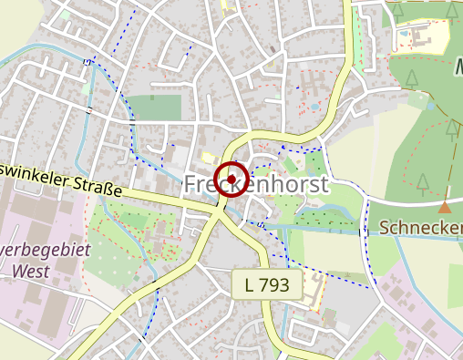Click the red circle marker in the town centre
tap(231, 178)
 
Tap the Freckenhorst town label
tap(256, 184)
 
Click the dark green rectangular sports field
tap(154, 108)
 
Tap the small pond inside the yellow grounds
tap(403, 36)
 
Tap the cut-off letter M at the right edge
tap(458, 68)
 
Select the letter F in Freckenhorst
tap(191, 184)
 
